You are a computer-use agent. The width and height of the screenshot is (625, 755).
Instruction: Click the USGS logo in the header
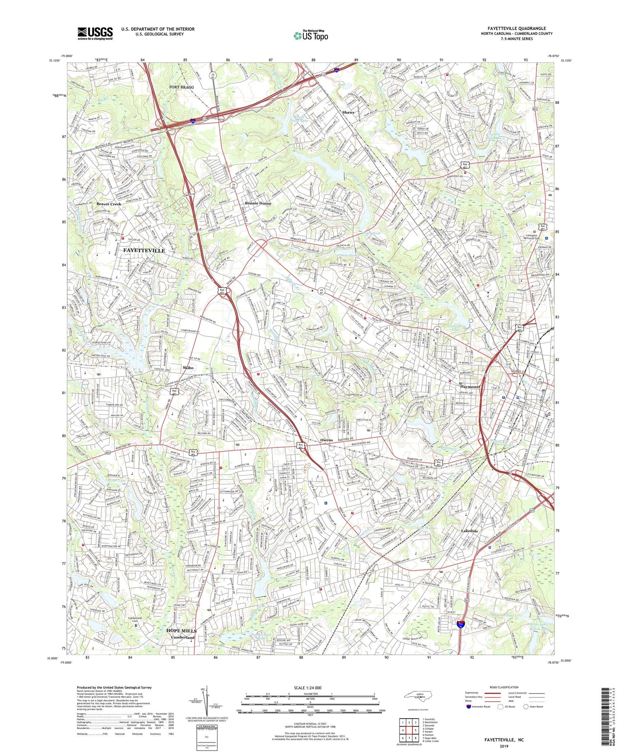point(95,33)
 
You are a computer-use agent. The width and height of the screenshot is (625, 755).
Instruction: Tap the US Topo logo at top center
point(311,35)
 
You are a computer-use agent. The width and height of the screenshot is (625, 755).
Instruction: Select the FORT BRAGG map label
point(181,87)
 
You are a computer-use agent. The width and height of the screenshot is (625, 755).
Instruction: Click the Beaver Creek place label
point(109,204)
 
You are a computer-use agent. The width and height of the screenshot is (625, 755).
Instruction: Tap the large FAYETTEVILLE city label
point(144,250)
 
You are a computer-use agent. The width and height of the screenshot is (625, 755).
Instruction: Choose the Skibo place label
point(187,368)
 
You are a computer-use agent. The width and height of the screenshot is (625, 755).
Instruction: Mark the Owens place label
point(327,440)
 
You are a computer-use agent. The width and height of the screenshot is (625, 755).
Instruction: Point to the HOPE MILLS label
point(181,631)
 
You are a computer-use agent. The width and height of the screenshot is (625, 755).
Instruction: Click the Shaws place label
point(348,112)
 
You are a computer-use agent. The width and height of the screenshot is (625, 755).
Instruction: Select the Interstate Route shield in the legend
point(469,707)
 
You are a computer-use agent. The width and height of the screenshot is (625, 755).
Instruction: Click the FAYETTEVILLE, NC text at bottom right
point(504,740)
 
